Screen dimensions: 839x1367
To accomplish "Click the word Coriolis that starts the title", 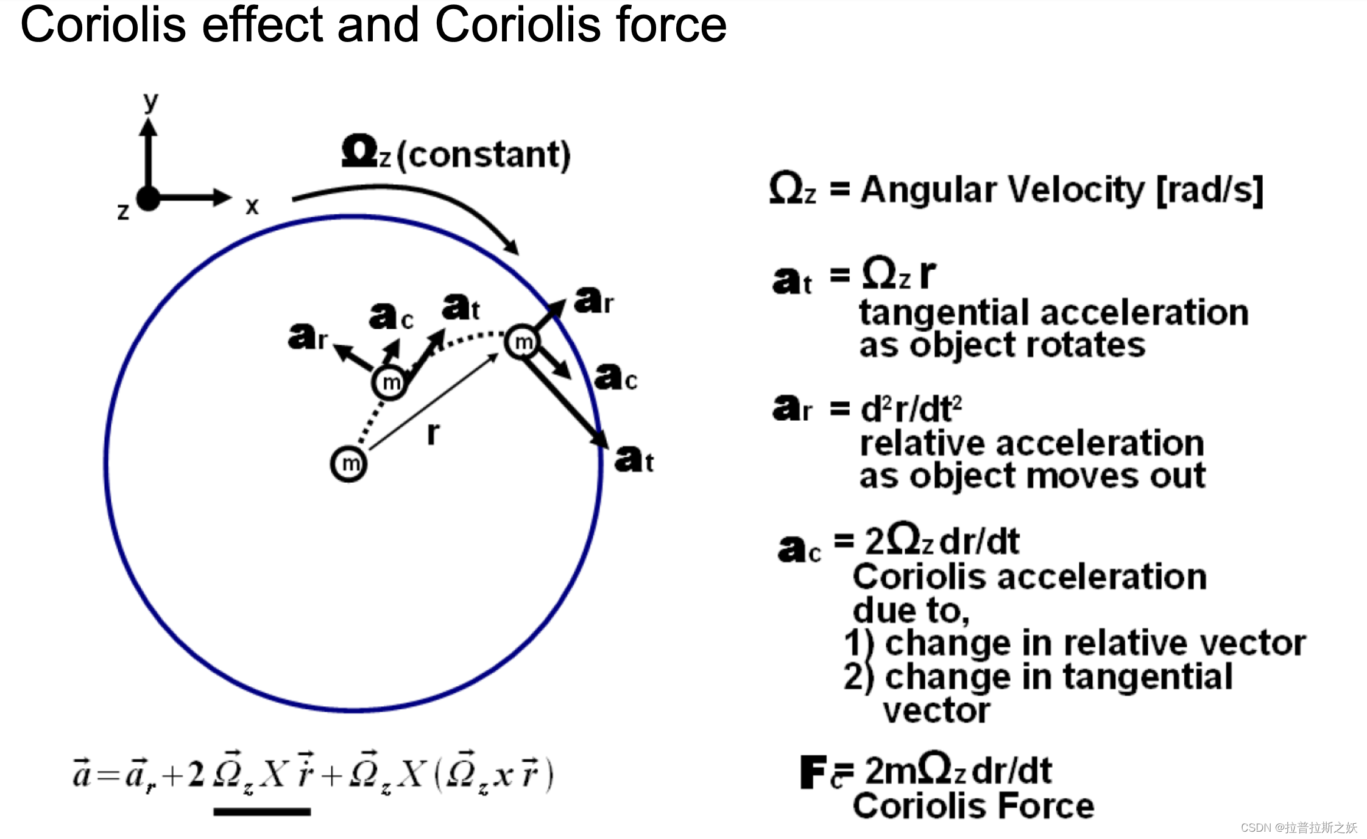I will pos(103,26).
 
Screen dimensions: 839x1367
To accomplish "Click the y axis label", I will pos(150,101).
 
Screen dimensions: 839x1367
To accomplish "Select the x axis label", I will pos(252,206).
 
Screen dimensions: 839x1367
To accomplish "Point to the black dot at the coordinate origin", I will pos(148,198).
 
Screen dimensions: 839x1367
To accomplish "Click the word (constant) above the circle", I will pos(484,155).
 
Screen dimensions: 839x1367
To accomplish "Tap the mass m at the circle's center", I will pos(349,464).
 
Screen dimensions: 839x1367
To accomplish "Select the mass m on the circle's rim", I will pos(523,342).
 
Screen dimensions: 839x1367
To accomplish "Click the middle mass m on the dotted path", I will pos(389,382).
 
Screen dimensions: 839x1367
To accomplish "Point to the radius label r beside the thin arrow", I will pos(433,433).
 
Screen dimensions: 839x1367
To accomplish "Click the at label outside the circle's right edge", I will pos(634,459).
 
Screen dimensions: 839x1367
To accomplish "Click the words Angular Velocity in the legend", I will pos(1003,190).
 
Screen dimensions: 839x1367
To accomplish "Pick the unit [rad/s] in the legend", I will pos(1210,190).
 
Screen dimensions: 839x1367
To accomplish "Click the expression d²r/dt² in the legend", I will pos(911,409).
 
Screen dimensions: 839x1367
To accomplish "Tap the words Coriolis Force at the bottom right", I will pos(973,806).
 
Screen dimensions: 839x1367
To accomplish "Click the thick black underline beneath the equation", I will pos(262,812).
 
